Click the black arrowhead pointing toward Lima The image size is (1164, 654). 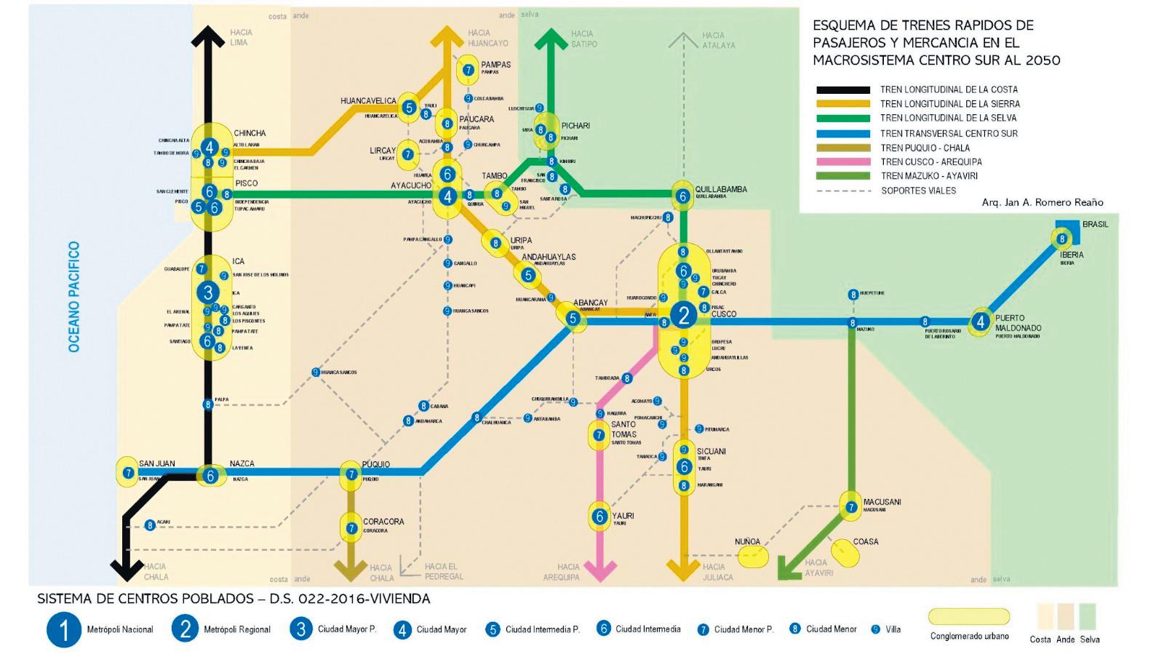coord(209,36)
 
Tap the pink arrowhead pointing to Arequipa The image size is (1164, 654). coord(600,570)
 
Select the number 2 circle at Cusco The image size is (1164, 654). coord(683,315)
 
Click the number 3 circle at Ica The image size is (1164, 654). coord(208,292)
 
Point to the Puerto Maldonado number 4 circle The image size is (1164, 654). coord(981,321)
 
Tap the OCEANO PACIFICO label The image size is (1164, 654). coord(73,297)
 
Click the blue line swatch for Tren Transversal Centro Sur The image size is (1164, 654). coord(842,133)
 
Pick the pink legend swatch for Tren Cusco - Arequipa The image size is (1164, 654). coord(842,161)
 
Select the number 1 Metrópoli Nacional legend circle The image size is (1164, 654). coord(64,629)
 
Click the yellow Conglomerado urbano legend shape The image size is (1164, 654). coord(969,617)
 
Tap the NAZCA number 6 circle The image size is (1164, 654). coord(210,476)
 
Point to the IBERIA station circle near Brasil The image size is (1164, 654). coord(1061,239)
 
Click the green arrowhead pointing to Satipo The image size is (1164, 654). coord(552,39)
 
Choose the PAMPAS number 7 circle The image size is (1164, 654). coord(469,70)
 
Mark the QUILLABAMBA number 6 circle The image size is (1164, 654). coord(682,196)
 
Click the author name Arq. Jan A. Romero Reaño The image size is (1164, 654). coord(1042,202)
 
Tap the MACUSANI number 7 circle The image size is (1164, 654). coord(850,507)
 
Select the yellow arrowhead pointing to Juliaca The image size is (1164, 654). coord(683,570)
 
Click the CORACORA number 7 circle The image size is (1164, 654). coord(351,528)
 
